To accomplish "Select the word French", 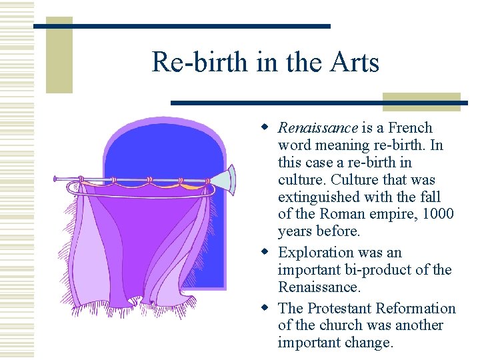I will click(x=410, y=128).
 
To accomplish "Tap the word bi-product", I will click(x=377, y=270).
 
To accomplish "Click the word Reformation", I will click(x=416, y=309).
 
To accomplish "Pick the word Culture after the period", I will click(x=356, y=180).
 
